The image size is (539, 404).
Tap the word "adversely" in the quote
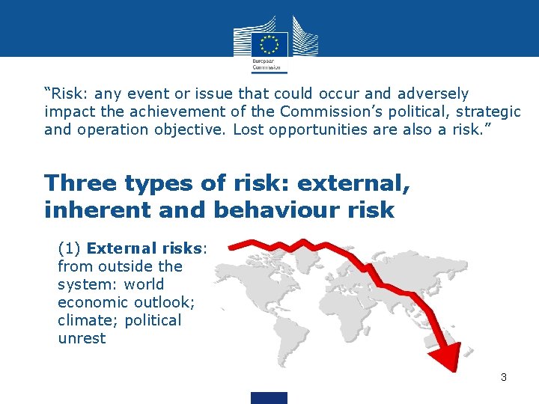[433, 94]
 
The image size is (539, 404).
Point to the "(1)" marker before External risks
[70, 248]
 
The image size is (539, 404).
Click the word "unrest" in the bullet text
[82, 338]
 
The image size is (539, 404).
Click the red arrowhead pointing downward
[448, 356]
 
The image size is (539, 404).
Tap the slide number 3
[504, 377]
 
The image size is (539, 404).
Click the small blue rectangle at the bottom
[269, 397]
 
